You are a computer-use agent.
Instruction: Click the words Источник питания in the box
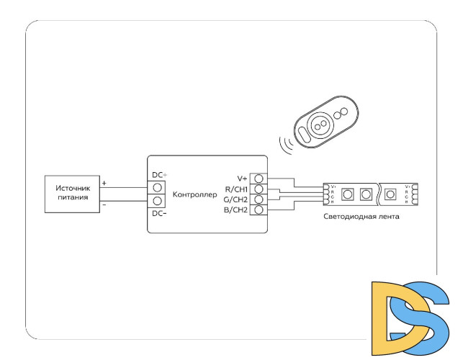(73, 192)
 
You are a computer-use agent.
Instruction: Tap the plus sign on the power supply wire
(104, 183)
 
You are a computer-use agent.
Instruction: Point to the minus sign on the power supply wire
(104, 204)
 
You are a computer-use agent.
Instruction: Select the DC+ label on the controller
(159, 175)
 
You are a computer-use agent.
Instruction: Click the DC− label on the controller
(159, 213)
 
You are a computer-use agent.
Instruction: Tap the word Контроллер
(194, 194)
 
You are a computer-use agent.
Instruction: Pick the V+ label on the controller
(242, 178)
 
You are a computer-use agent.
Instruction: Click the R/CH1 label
(236, 189)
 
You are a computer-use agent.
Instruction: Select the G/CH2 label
(236, 199)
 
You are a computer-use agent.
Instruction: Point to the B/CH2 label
(236, 210)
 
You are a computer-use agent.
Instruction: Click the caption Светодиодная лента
(361, 216)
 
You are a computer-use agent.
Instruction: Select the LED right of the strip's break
(391, 194)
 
